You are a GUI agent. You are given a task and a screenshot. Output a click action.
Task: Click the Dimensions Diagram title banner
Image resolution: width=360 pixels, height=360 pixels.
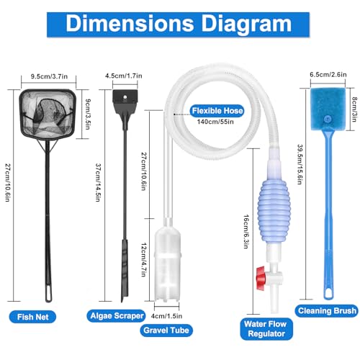pos(178,24)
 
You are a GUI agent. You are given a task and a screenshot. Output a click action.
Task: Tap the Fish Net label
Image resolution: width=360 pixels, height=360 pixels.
pos(32,317)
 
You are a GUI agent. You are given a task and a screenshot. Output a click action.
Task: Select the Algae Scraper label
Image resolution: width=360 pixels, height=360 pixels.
pos(117,316)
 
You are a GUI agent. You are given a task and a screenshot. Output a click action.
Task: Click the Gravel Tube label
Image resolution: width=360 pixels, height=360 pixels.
pos(166,330)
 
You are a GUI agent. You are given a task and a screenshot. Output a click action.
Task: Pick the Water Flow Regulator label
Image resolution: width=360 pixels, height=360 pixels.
pos(266,329)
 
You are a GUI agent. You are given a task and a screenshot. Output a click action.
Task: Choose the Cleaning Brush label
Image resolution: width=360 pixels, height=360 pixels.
pos(327,311)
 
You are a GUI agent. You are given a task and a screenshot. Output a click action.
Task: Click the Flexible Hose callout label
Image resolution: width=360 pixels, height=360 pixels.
pos(217,111)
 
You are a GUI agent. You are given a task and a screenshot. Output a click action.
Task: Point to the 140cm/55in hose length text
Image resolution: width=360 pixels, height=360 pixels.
pos(215,122)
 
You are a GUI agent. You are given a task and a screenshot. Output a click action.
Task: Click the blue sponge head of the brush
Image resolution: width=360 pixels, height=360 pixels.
pos(328,109)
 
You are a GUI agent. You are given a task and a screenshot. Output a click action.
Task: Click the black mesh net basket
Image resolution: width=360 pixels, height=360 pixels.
pos(48,114)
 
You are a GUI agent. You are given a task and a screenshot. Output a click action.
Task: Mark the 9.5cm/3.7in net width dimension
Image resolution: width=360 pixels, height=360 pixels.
pos(49,76)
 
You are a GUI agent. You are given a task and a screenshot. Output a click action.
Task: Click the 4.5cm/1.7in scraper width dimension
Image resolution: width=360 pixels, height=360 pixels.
pos(124,76)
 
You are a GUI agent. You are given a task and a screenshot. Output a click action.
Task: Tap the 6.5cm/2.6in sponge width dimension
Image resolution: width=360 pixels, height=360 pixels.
pos(328,75)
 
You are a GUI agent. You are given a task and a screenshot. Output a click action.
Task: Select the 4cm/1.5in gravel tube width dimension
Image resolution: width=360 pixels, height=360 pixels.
pos(166,316)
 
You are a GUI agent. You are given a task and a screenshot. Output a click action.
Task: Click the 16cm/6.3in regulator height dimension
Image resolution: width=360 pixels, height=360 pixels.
pos(246,232)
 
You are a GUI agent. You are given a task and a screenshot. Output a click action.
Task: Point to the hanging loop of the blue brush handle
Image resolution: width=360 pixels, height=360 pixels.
pos(328,293)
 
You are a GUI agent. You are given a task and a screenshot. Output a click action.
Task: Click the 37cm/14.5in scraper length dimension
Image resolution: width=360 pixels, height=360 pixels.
pos(99,182)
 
